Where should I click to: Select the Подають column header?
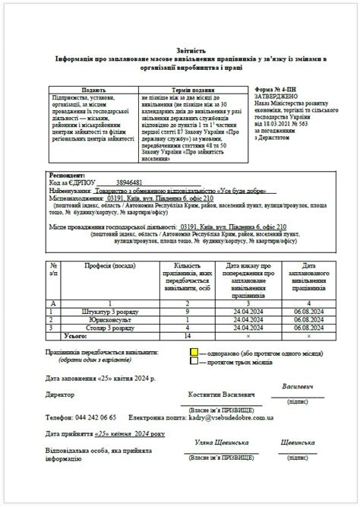pyautogui.click(x=93, y=90)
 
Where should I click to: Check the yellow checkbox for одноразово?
pyautogui.click(x=194, y=353)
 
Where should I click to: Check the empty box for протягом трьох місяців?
pyautogui.click(x=194, y=362)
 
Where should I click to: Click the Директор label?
pyautogui.click(x=60, y=395)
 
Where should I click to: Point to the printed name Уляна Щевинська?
pyautogui.click(x=222, y=442)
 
